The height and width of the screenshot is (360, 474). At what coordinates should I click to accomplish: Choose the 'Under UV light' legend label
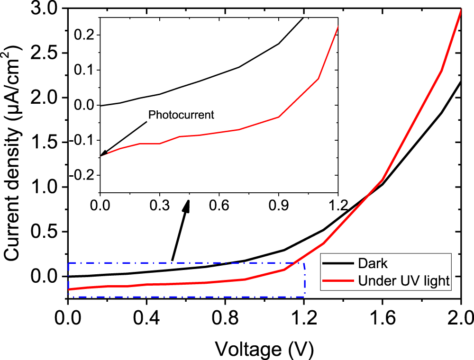coord(403,281)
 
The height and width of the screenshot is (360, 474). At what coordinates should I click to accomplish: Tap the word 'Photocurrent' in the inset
coord(182,115)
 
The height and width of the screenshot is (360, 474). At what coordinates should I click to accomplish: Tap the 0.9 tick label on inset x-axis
coord(278,207)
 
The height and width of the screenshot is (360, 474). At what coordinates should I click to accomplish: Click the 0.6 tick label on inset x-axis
coord(219,207)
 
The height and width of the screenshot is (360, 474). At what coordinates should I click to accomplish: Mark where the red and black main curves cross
coord(366,196)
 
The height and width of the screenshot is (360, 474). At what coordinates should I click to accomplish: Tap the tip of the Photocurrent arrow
coord(101,155)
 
